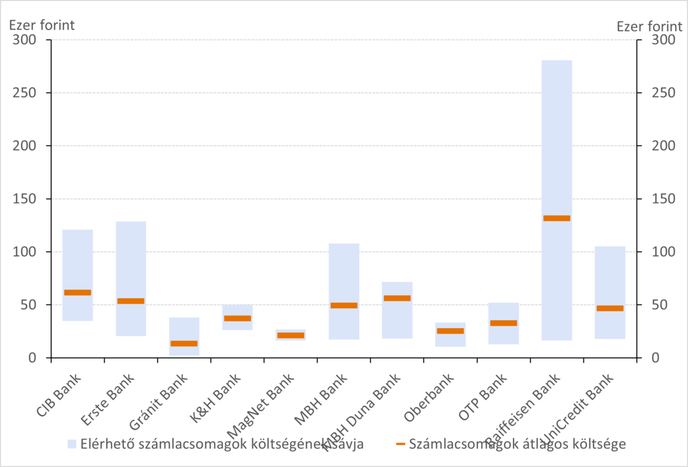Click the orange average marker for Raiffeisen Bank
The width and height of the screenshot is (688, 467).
coord(557,218)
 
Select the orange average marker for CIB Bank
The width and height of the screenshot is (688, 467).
coord(78,293)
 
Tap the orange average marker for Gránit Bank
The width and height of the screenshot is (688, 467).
coord(184,343)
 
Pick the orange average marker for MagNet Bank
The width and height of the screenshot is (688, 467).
coord(291,335)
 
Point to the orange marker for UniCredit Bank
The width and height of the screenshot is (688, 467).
coord(610,308)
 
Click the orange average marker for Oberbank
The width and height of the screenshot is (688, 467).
coord(451,331)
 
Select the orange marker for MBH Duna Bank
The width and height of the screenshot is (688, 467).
coord(397,298)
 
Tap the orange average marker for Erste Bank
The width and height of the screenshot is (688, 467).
coord(131,301)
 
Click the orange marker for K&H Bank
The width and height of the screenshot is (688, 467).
coord(237,318)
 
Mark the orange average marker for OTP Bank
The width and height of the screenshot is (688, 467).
coord(504,323)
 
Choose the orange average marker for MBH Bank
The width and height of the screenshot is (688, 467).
coord(344,305)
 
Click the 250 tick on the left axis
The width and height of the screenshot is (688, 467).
coord(24,93)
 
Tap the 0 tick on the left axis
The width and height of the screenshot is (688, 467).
coord(31,358)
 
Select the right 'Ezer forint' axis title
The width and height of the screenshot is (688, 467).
coord(649,26)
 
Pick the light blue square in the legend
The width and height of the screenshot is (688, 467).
coord(72,444)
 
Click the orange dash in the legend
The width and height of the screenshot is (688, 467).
coord(400,444)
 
